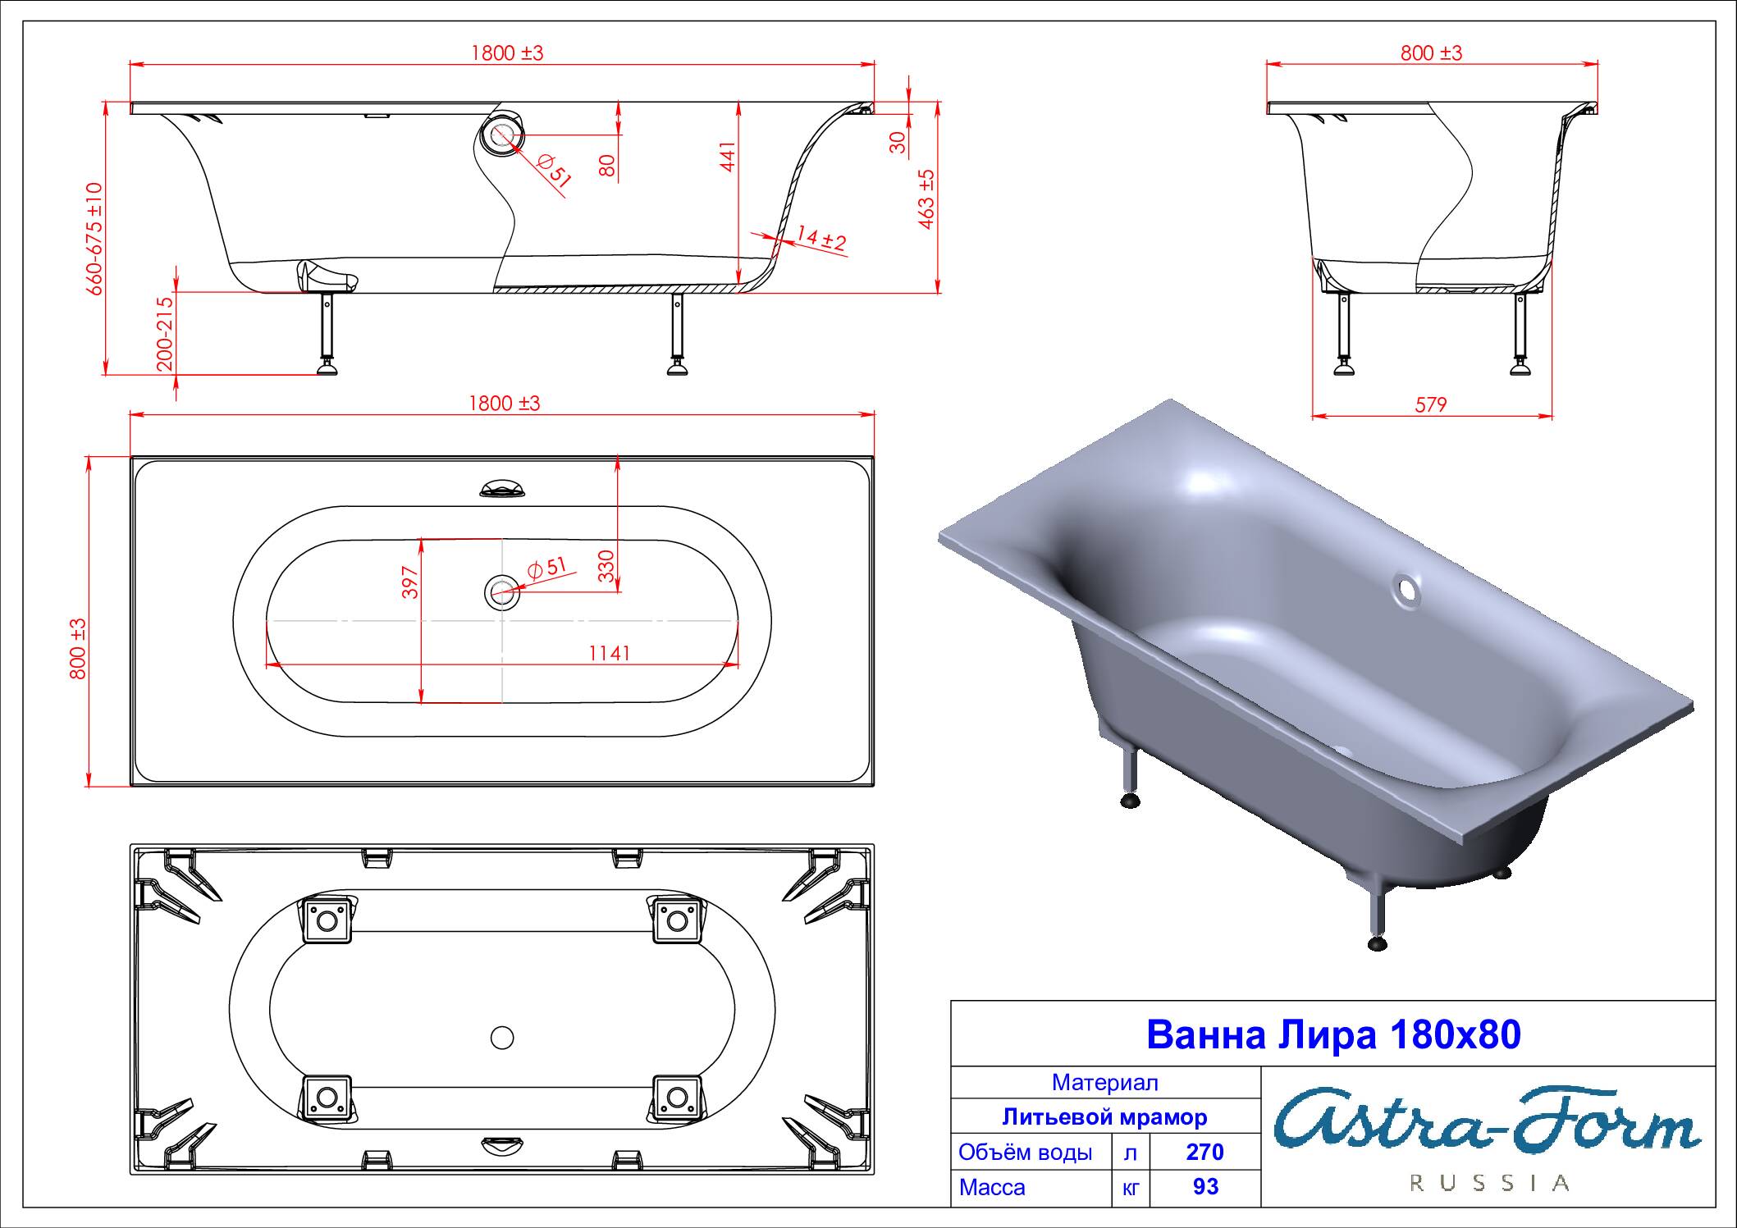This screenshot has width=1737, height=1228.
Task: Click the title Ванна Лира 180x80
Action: click(1333, 1034)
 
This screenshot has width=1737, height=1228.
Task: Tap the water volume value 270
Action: click(1204, 1153)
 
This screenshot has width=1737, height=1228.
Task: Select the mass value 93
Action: click(1205, 1187)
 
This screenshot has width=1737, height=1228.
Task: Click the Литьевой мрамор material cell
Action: click(1104, 1117)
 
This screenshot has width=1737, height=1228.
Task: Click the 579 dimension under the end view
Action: click(1431, 404)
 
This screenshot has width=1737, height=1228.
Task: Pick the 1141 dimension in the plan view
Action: click(610, 652)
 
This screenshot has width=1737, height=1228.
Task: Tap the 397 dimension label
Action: click(411, 582)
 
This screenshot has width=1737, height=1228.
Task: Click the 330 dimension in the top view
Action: click(606, 566)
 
